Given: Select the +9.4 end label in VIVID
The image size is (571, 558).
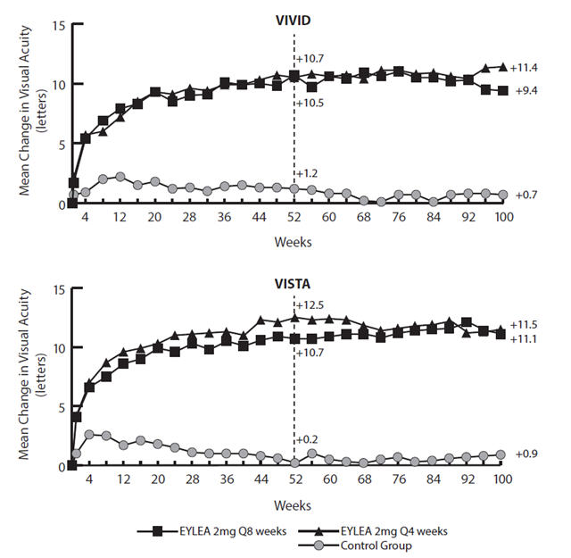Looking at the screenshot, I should point(525,91).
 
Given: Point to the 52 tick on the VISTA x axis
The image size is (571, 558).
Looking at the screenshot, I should point(294,479).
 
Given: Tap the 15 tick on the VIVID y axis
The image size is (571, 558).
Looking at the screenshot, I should point(59,24).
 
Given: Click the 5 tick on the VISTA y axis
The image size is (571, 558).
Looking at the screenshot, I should point(62,407).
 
